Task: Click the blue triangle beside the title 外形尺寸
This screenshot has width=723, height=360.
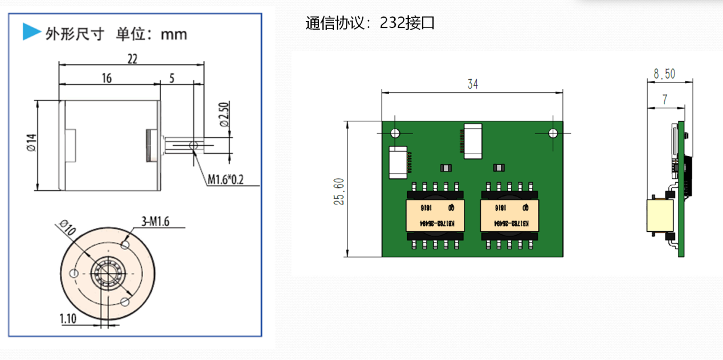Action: tap(31, 32)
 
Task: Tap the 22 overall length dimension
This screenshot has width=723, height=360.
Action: tap(132, 58)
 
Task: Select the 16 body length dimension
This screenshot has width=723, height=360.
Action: tap(107, 79)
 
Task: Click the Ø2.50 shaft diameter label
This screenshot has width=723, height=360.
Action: tap(224, 114)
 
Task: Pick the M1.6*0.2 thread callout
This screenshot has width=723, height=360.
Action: tap(225, 180)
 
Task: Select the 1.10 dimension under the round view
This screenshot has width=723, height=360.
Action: tap(68, 318)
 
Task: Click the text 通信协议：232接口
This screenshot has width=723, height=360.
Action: tap(370, 23)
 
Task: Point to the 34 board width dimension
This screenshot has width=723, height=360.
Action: tap(472, 84)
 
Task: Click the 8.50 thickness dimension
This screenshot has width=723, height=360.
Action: tap(664, 73)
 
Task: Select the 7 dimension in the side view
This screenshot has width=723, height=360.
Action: tap(664, 99)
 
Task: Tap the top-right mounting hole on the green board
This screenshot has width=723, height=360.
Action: tap(553, 133)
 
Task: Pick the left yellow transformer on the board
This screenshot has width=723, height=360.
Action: tap(435, 215)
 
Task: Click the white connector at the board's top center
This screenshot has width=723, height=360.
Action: tap(473, 140)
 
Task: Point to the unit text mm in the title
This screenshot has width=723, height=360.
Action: tap(174, 34)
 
